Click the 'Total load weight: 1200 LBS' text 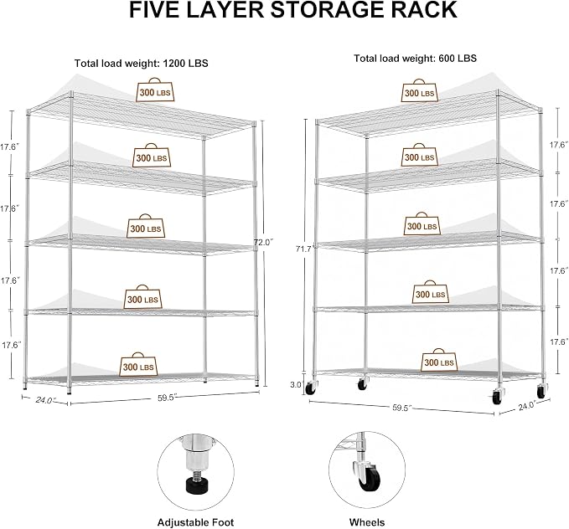tap(141, 63)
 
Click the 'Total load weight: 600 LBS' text tap(415, 59)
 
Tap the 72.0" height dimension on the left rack tap(263, 242)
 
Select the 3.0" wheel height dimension tap(296, 384)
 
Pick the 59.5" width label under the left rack tap(167, 398)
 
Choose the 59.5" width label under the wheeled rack tap(402, 408)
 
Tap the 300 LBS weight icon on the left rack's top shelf tap(155, 90)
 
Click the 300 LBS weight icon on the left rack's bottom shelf tap(138, 364)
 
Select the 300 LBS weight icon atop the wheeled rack tap(420, 90)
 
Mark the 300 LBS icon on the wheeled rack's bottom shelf tap(439, 360)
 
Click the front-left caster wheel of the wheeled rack tap(310, 388)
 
